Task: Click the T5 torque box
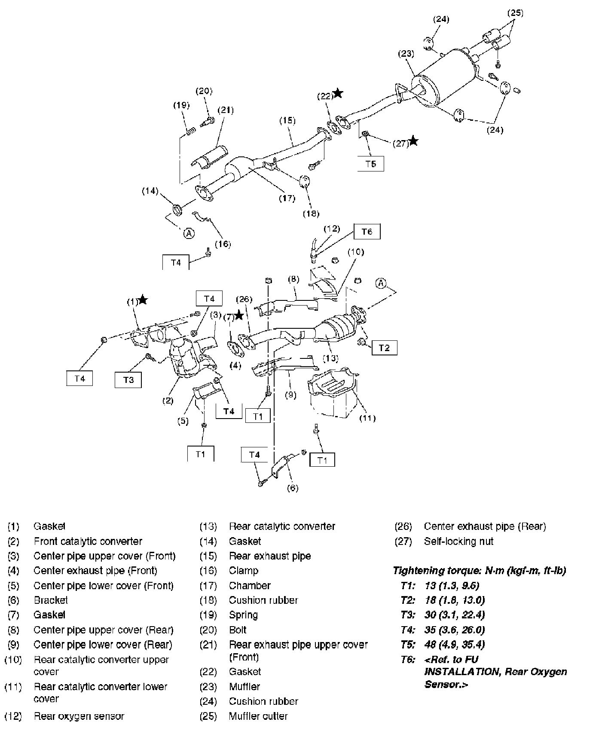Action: click(371, 164)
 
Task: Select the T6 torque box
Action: click(367, 232)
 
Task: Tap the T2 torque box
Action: click(384, 348)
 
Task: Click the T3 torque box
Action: click(128, 380)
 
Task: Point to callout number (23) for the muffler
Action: click(406, 54)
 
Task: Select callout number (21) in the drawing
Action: click(225, 110)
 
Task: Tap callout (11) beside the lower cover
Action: click(367, 418)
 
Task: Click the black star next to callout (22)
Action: click(338, 93)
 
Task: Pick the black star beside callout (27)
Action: click(413, 141)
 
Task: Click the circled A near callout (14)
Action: click(189, 233)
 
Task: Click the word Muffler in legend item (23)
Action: click(244, 686)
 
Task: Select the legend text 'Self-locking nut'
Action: click(458, 541)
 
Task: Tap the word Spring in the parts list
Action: click(243, 615)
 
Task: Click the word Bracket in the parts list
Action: click(51, 600)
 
